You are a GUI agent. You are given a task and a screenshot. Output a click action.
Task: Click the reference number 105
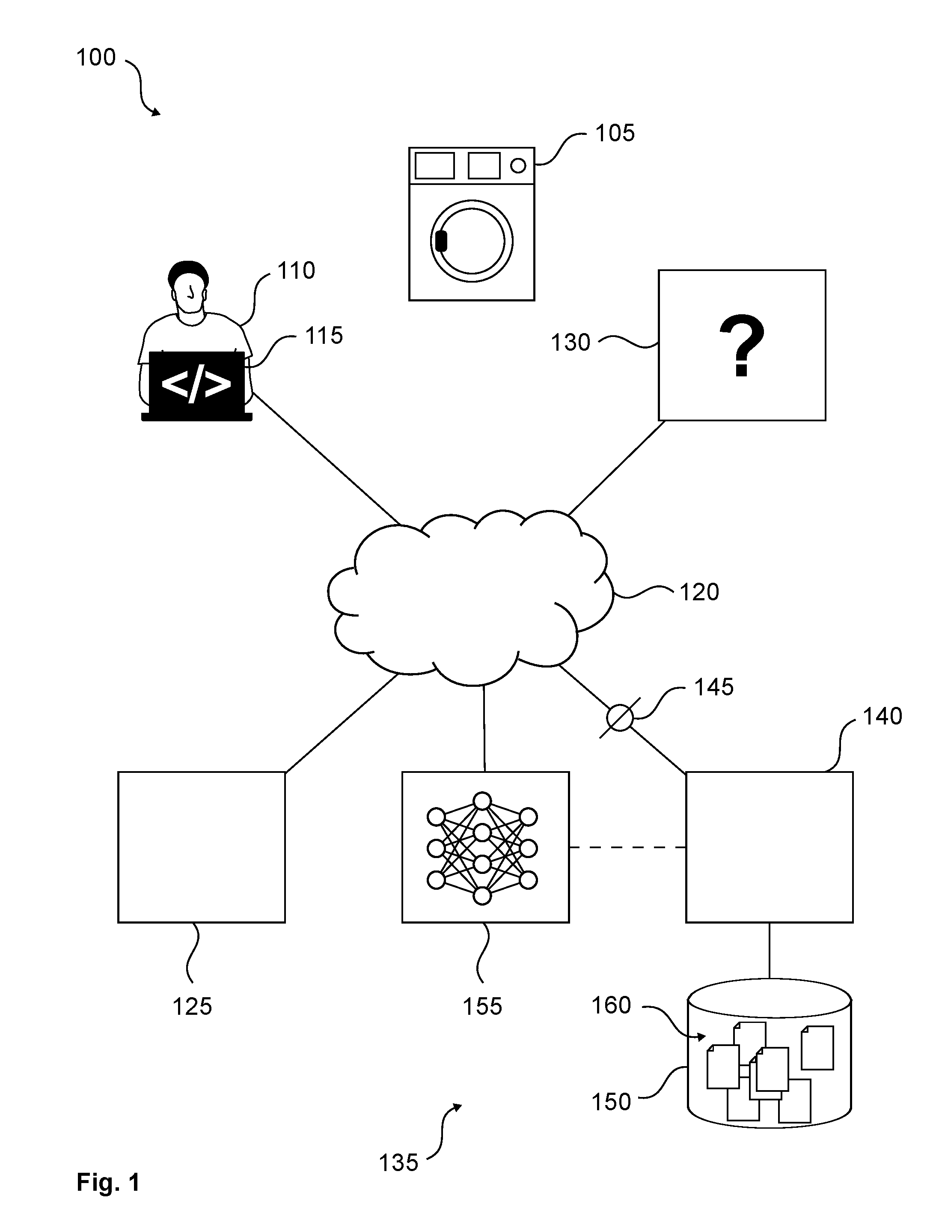[x=615, y=134]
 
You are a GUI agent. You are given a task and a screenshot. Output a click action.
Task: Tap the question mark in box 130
[x=741, y=346]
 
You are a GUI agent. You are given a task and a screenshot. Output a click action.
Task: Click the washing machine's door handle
[x=441, y=241]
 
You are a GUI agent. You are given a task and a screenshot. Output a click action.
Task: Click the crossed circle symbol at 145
[x=620, y=718]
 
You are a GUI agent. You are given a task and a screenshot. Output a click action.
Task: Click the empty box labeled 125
[x=201, y=847]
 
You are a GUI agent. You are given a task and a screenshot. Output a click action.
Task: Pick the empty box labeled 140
[x=769, y=847]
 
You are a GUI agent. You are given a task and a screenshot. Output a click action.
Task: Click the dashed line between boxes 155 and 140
[x=627, y=847]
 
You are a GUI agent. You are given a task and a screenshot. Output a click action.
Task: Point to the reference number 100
[x=96, y=57]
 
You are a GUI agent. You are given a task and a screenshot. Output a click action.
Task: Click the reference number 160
[x=611, y=1005]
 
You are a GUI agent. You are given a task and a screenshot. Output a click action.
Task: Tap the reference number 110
[x=296, y=271]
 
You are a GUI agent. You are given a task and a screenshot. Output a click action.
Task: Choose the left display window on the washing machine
[x=434, y=166]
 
